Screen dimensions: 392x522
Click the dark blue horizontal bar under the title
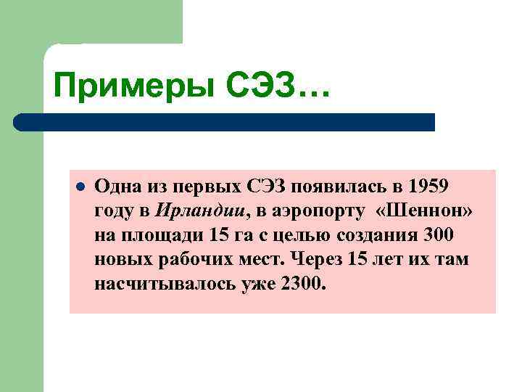[x=225, y=121]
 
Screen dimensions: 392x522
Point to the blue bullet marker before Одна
[x=80, y=187]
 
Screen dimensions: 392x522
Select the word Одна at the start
[x=115, y=187]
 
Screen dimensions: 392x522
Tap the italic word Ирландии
[x=201, y=211]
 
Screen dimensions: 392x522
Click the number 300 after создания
[x=435, y=235]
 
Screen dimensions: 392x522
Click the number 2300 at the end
[x=301, y=283]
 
